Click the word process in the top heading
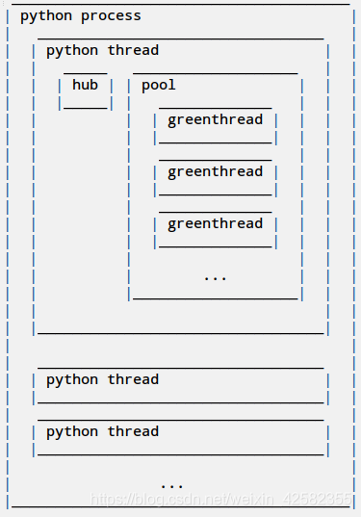pyautogui.click(x=111, y=16)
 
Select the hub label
pyautogui.click(x=85, y=86)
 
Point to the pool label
pyautogui.click(x=159, y=86)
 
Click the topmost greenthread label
pyautogui.click(x=215, y=120)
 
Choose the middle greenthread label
pyautogui.click(x=215, y=172)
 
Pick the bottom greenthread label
pyautogui.click(x=215, y=224)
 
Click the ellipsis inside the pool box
pyautogui.click(x=215, y=277)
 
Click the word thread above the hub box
pyautogui.click(x=133, y=51)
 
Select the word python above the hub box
pyautogui.click(x=72, y=51)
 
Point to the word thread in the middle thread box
pyautogui.click(x=133, y=380)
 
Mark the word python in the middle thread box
pyautogui.click(x=72, y=380)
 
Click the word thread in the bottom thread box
pyautogui.click(x=133, y=432)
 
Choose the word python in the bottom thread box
pyautogui.click(x=72, y=432)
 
